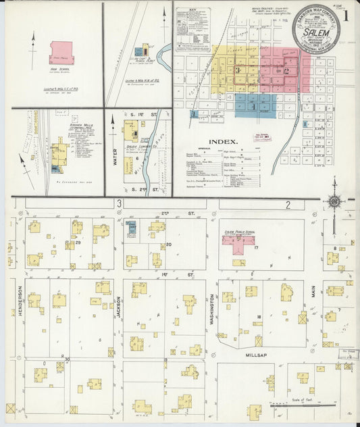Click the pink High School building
coord(61,52)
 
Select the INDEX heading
coord(223,142)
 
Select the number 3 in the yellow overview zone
coord(237,70)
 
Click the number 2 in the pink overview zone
coord(286,70)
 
